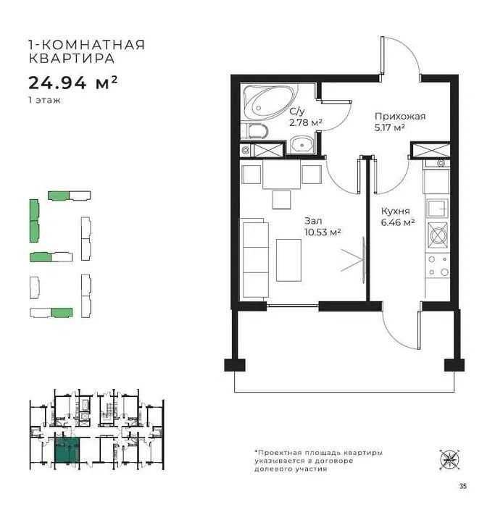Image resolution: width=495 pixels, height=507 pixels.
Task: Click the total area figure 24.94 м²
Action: [72, 83]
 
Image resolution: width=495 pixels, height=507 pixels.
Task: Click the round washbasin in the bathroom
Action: [301, 144]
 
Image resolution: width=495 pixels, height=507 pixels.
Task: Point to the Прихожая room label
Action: [400, 117]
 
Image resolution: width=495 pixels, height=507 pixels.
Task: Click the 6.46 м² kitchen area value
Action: [398, 222]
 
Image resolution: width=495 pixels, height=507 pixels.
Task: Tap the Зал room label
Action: [313, 221]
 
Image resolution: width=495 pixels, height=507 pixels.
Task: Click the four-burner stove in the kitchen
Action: [438, 235]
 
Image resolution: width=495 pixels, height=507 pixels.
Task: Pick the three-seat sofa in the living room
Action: [254, 258]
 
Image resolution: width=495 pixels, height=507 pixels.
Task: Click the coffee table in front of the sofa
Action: [288, 260]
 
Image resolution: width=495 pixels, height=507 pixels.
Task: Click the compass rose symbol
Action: [450, 459]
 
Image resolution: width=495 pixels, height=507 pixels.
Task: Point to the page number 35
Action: [462, 486]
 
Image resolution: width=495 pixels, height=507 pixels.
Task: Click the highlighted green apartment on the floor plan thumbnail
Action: [67, 450]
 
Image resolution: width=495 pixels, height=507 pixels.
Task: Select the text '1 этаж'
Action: [44, 100]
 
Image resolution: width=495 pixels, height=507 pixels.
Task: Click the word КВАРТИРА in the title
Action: [72, 59]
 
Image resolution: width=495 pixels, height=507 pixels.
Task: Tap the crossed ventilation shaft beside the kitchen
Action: [430, 151]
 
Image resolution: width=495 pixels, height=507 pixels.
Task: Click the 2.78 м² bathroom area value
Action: [305, 122]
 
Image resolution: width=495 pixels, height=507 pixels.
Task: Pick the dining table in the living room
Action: [281, 175]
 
